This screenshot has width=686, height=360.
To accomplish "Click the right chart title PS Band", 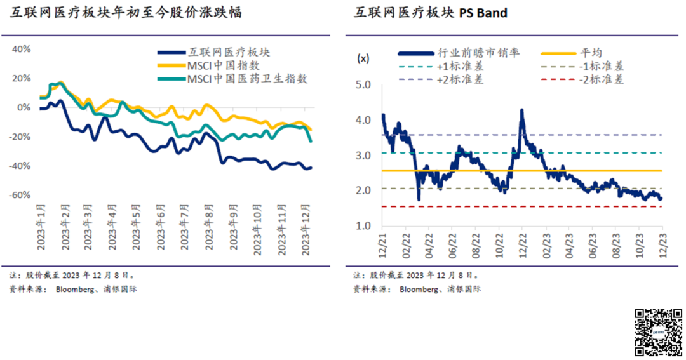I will tap(430, 13).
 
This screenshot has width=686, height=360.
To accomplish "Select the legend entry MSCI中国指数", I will tap(223, 65).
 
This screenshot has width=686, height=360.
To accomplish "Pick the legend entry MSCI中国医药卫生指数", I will tap(247, 79).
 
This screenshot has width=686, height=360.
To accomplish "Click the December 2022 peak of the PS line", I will tap(521, 110).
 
